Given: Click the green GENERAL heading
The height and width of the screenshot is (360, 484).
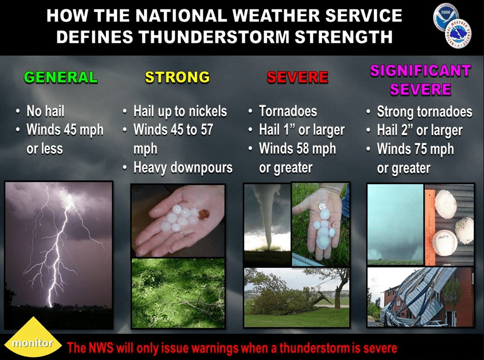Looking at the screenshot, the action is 61,77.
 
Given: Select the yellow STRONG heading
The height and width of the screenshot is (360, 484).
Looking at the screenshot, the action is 177,77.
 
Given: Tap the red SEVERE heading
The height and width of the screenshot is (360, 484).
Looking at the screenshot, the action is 297,77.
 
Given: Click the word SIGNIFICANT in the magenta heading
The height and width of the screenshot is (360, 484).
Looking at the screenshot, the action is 421,71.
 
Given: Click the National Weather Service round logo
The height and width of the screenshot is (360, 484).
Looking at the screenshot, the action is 458,35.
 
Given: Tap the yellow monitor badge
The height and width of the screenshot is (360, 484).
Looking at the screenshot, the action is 33,338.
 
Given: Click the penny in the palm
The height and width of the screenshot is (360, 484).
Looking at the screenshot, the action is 204,214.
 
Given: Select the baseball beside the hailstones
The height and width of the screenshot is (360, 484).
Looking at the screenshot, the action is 445,243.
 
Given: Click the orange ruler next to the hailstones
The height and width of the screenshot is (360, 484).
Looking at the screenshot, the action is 430,227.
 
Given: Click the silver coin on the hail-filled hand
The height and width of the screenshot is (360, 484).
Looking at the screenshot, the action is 322,206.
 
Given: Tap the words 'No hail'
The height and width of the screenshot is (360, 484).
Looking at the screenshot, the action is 45,111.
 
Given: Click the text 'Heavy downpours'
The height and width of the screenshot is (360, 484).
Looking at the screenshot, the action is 183,167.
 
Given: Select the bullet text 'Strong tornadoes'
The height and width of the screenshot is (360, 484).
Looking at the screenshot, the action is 424,111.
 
